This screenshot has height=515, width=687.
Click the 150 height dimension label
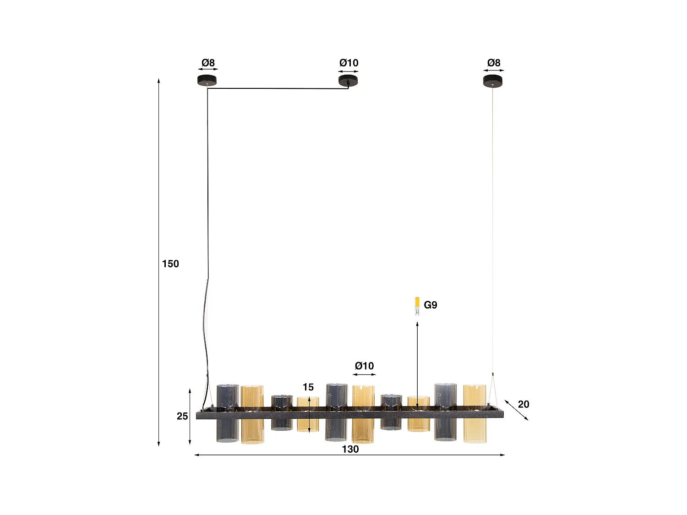click(170, 264)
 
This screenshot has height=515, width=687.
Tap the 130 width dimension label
click(350, 449)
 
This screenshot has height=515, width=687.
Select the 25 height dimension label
click(182, 416)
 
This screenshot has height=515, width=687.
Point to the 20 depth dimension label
click(523, 404)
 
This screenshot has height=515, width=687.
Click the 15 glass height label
click(308, 387)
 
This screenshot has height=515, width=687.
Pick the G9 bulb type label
click(431, 305)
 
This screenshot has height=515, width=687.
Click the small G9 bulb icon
click(417, 306)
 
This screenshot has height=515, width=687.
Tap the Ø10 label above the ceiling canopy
click(349, 63)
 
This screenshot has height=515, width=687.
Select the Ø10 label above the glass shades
click(364, 366)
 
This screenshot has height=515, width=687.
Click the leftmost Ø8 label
click(208, 63)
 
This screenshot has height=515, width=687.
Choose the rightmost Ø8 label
click(494, 63)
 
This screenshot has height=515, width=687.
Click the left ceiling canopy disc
click(207, 81)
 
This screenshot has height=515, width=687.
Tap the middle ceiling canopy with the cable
click(348, 81)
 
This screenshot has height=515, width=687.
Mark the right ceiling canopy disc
click(493, 81)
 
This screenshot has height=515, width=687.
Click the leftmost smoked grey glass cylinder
click(228, 413)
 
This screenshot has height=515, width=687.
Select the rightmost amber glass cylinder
click(474, 413)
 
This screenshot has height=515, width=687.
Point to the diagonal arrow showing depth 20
click(517, 410)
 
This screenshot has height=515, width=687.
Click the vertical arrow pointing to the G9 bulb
click(417, 362)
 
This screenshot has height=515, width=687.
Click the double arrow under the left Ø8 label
click(208, 70)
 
